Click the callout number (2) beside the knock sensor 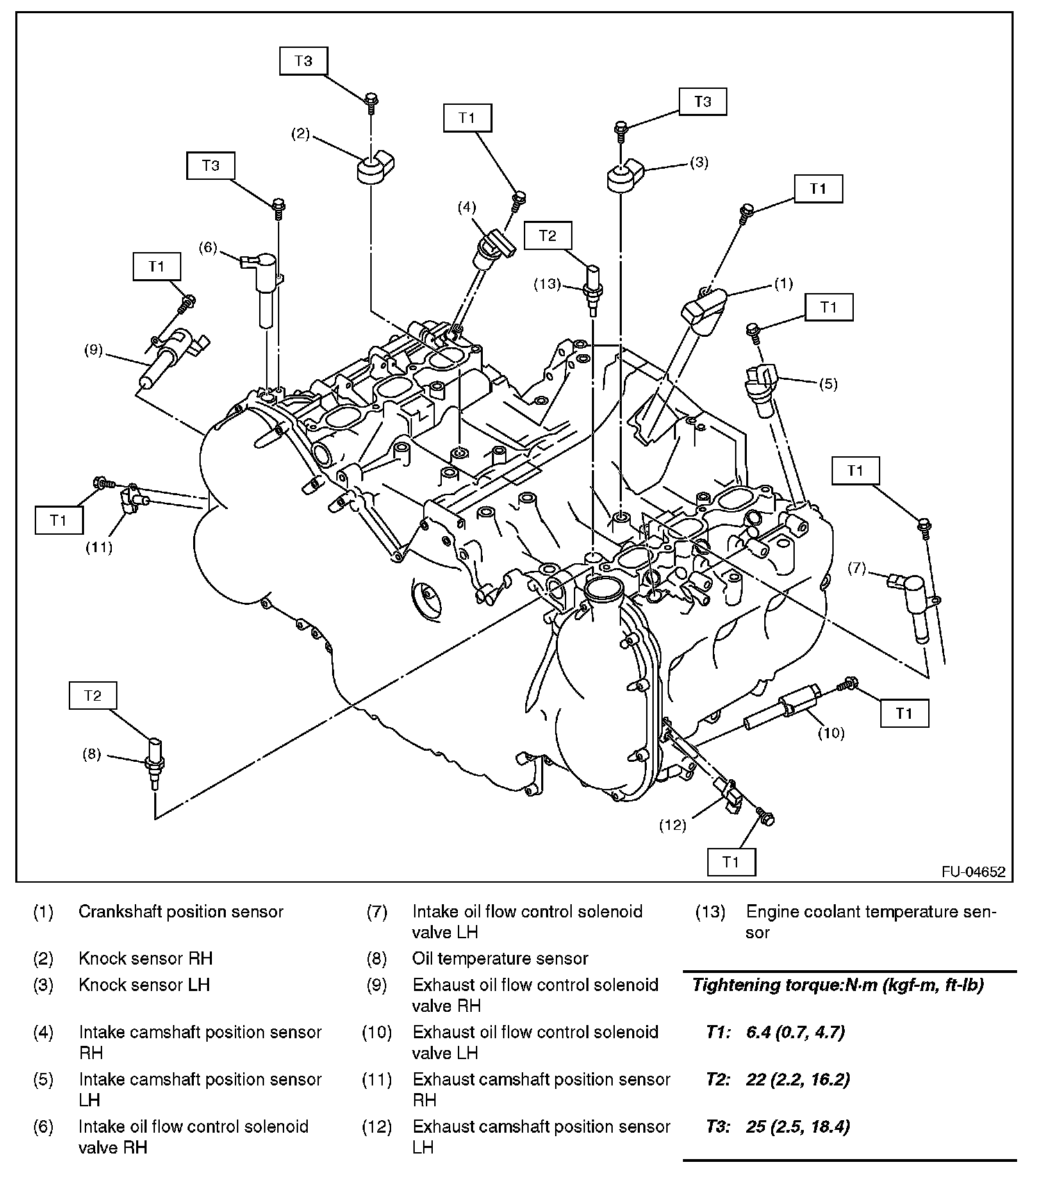(299, 134)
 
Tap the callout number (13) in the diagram (547, 283)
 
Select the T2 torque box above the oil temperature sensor (92, 695)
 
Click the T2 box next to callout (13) (548, 235)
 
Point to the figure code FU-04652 (973, 872)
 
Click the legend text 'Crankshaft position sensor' (181, 912)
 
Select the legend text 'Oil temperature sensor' (500, 959)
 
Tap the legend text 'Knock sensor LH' (144, 985)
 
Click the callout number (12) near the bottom (673, 824)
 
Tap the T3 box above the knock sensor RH (303, 61)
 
